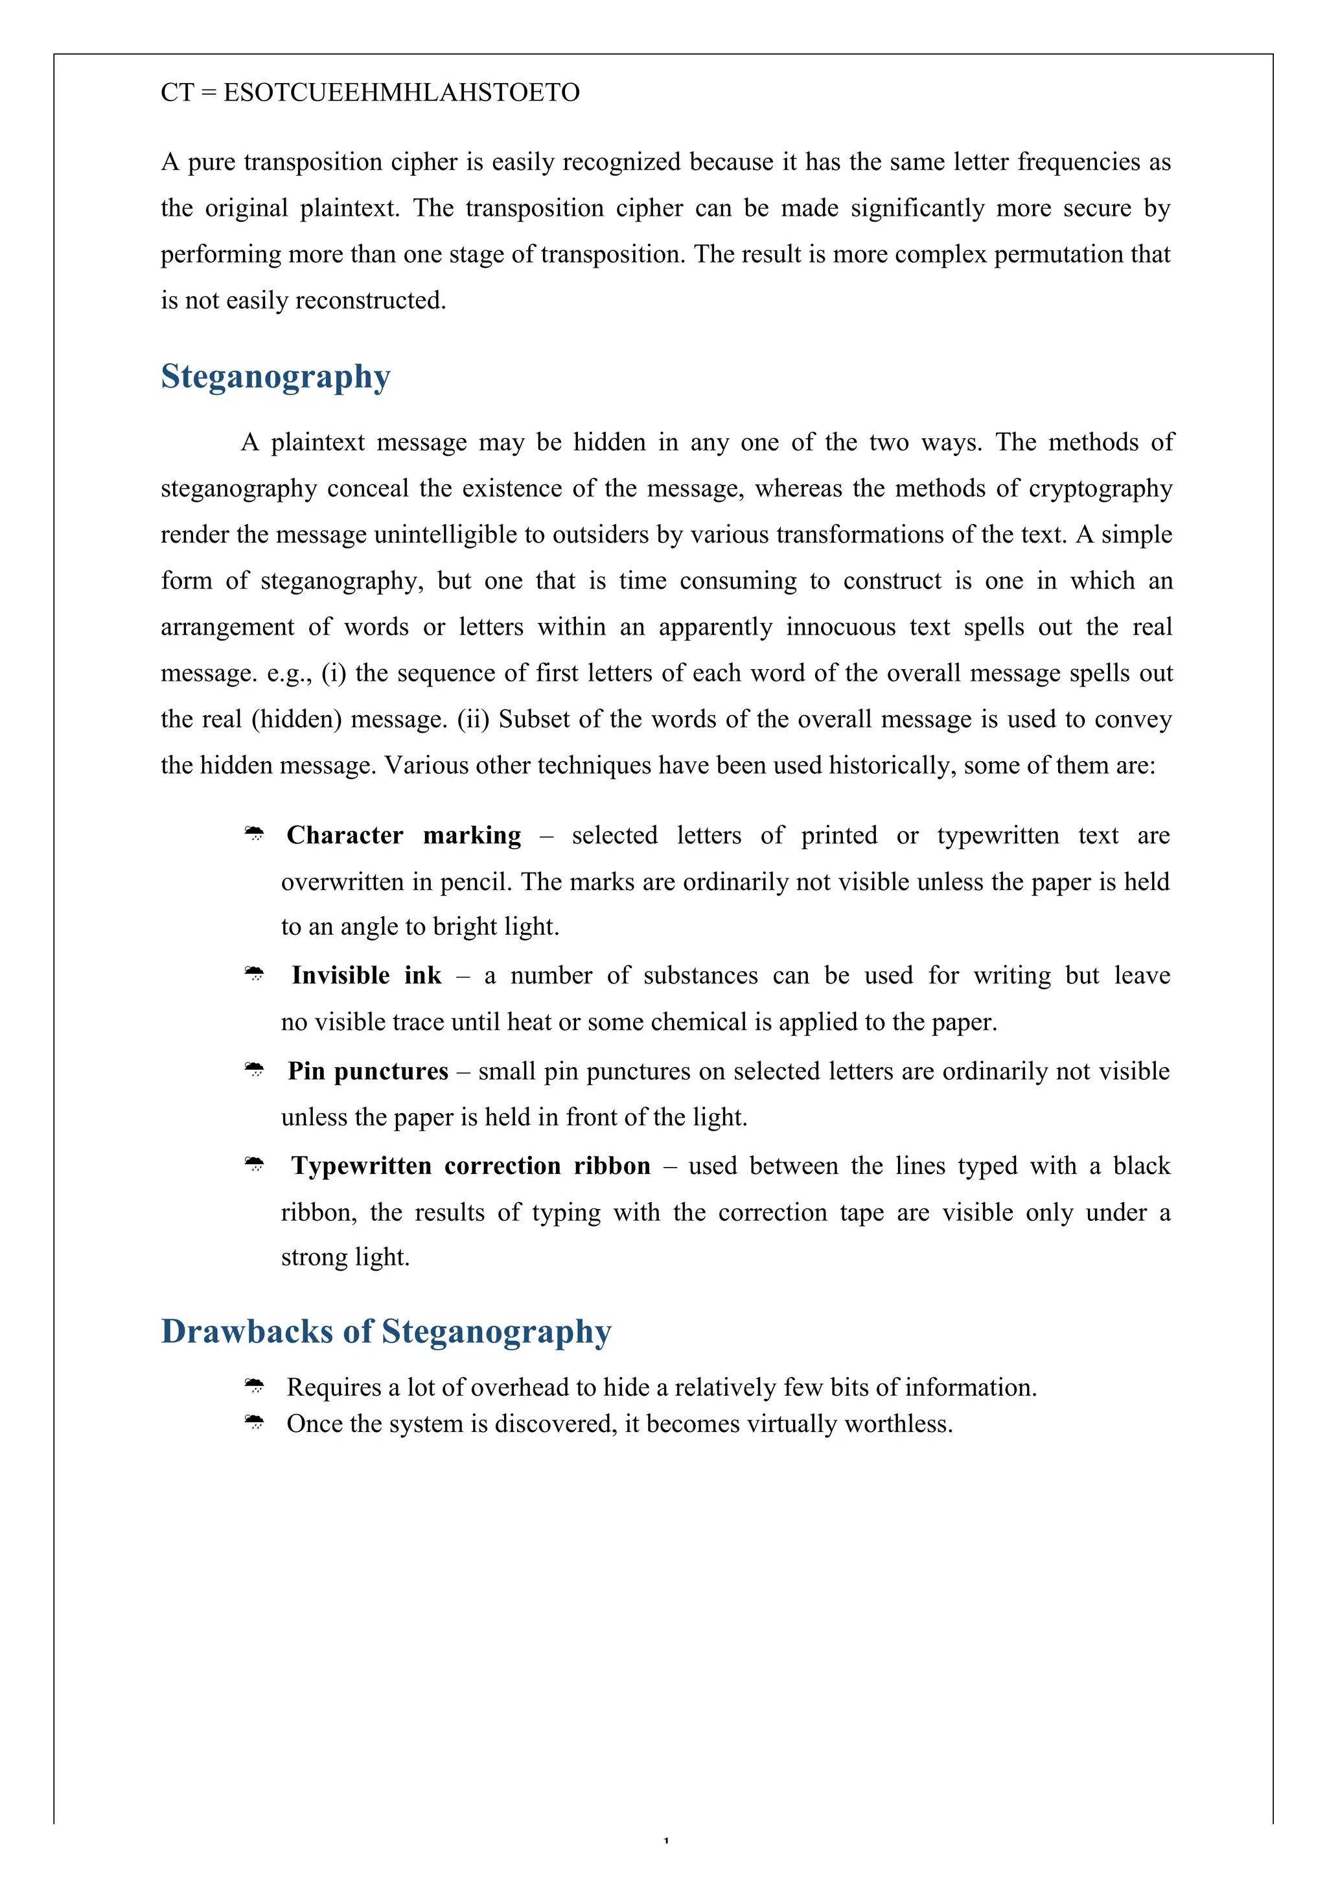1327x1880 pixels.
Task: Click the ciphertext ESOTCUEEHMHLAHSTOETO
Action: [401, 93]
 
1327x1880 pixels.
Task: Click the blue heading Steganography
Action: [275, 377]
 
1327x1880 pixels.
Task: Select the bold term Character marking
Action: [404, 835]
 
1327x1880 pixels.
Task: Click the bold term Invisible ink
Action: [366, 975]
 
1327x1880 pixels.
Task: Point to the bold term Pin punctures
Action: [367, 1071]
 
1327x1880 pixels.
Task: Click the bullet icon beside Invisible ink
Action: [255, 974]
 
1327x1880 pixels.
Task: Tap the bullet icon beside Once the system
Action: [255, 1423]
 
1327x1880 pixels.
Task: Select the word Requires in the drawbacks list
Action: [334, 1387]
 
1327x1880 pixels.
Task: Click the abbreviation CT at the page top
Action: [177, 93]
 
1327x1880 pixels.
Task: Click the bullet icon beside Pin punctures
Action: [255, 1070]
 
